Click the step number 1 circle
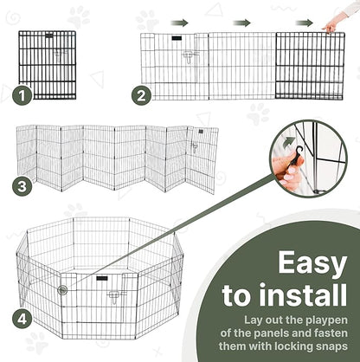(x=22, y=95)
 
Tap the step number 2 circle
(x=141, y=95)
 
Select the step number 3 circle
(x=22, y=186)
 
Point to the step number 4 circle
(x=22, y=319)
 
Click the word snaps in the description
(x=331, y=346)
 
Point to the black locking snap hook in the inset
(x=297, y=156)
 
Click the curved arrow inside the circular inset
(x=289, y=143)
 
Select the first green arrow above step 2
(x=179, y=23)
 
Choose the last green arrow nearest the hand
(x=305, y=23)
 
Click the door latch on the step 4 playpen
(x=115, y=297)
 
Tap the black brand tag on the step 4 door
(x=102, y=278)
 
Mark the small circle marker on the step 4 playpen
(x=62, y=289)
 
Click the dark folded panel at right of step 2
(x=310, y=66)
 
